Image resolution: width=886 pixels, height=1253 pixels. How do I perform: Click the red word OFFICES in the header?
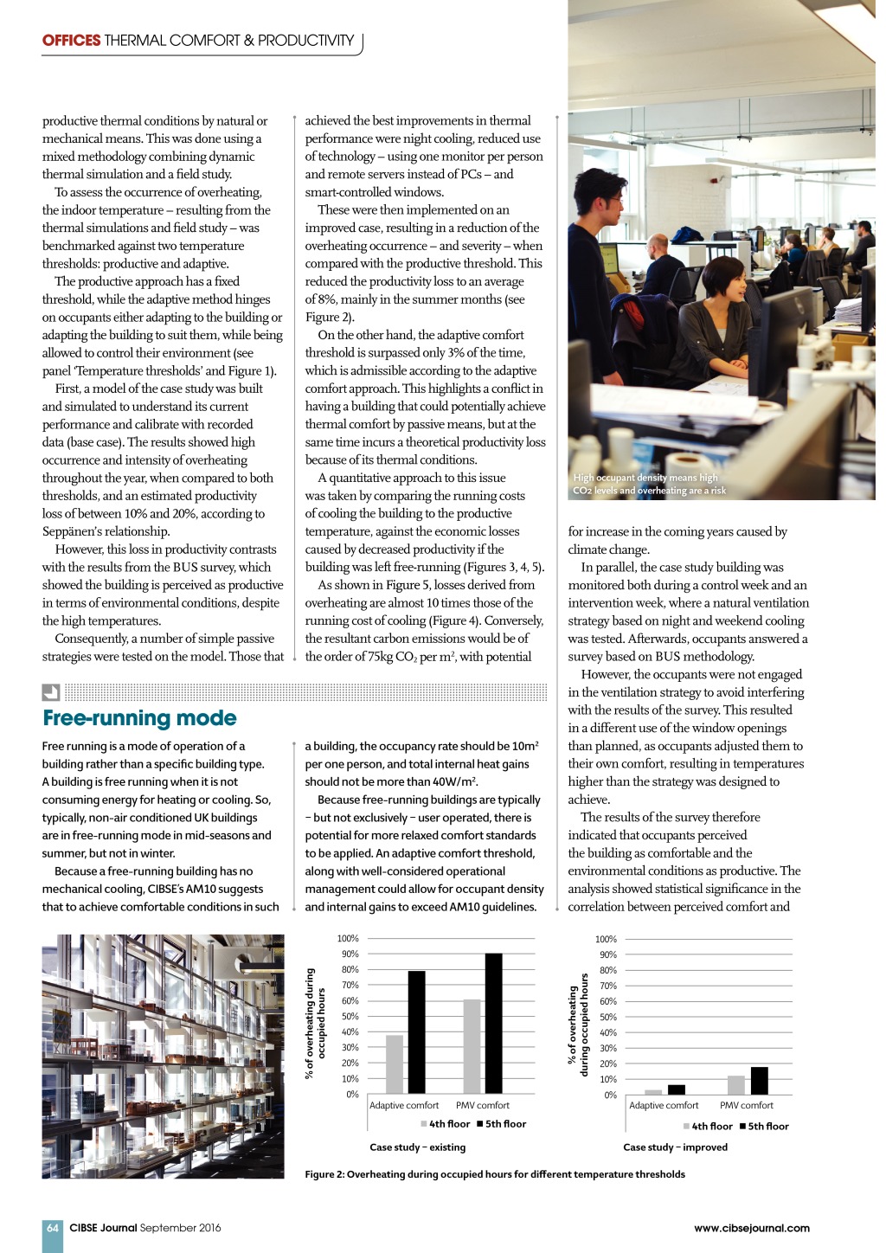tap(72, 41)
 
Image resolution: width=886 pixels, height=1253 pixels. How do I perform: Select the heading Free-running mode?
tap(139, 718)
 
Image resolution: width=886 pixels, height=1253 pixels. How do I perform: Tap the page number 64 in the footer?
tap(53, 1228)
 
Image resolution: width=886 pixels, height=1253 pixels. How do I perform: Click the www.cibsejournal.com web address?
tap(751, 1228)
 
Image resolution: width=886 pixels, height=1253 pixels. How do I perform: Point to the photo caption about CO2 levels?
tap(649, 484)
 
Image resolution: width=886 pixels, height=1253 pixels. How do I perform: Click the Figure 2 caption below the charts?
tap(495, 1174)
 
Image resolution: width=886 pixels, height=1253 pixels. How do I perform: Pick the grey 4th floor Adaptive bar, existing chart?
tap(395, 1063)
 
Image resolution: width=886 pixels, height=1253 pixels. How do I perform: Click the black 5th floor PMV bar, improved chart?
tap(759, 1081)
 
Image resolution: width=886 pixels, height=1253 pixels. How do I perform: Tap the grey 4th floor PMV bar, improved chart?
tap(736, 1085)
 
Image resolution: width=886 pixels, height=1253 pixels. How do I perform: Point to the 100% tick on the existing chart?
tap(348, 938)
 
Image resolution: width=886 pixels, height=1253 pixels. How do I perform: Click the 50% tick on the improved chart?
tap(607, 1017)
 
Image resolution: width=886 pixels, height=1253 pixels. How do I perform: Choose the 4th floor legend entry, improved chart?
tap(707, 1127)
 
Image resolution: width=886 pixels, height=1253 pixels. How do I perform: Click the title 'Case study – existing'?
tap(417, 1147)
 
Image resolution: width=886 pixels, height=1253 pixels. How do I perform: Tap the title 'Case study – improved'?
tap(675, 1147)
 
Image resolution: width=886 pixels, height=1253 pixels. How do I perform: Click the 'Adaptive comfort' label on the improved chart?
tap(664, 1105)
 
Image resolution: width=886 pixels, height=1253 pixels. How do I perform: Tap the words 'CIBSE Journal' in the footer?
tap(103, 1228)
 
